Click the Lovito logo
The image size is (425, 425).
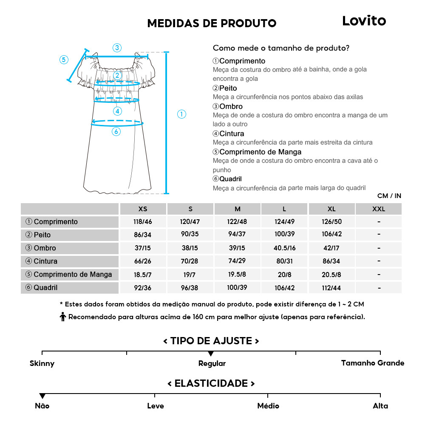(364, 21)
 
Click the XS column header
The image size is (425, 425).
(143, 209)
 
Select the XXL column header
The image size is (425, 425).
(378, 209)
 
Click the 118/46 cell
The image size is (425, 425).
(143, 222)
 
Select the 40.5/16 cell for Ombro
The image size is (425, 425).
(284, 248)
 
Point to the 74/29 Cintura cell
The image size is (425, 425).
(237, 261)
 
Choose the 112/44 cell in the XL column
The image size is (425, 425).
(331, 288)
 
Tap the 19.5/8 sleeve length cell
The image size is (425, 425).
(237, 275)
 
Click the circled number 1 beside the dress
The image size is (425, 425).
(181, 114)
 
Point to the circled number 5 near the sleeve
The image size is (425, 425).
(64, 59)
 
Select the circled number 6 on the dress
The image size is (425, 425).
(116, 132)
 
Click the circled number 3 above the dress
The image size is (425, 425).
(117, 48)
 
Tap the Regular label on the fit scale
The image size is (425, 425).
(212, 363)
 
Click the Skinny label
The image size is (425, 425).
(42, 363)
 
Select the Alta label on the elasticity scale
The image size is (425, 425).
(380, 406)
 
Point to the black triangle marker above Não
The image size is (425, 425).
(42, 396)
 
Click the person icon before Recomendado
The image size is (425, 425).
(63, 317)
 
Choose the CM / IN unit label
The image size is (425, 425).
(389, 196)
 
